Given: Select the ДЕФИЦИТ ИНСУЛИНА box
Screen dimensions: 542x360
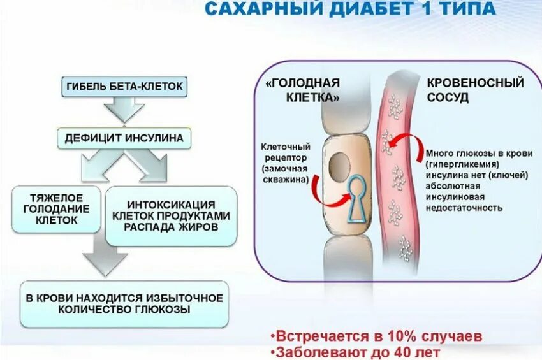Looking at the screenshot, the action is tap(123, 138).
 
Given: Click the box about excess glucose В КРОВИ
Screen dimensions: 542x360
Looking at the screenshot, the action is tap(123, 304).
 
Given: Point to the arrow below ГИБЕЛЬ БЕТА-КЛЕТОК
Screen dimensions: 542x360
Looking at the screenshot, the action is tap(123, 110).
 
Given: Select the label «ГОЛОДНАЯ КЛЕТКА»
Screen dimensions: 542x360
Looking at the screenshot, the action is tap(302, 90).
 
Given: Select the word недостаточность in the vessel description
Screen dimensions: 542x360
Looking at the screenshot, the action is tap(464, 208).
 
